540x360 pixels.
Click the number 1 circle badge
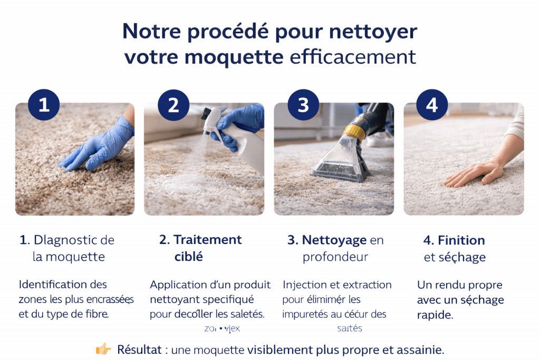44,105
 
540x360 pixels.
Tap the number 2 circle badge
173,105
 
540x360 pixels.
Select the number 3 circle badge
303,105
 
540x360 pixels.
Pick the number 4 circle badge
432,105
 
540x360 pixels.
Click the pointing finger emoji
103,349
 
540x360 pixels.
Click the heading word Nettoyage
334,240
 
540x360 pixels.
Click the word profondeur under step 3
335,257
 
